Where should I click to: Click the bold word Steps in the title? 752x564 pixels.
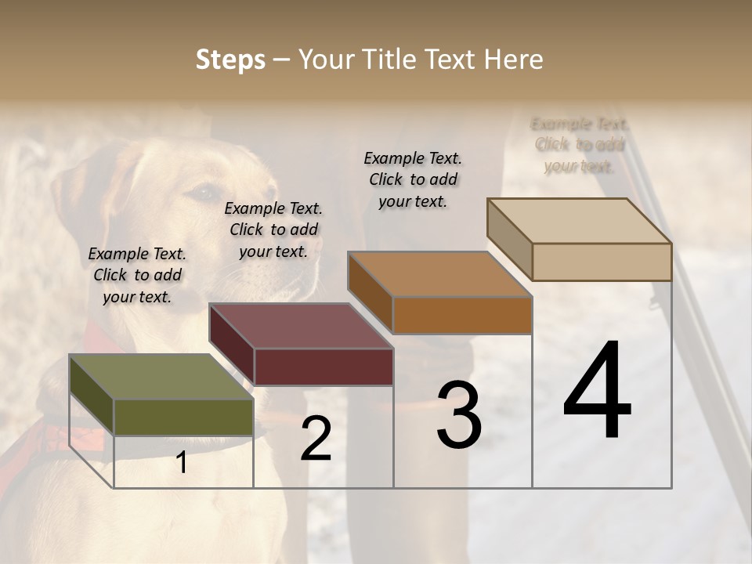230,60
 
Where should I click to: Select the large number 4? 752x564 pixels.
597,392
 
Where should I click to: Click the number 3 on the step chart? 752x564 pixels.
459,415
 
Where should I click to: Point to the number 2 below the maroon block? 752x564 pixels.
316,439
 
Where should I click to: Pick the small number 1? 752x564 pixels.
182,462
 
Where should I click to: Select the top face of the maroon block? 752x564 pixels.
301,326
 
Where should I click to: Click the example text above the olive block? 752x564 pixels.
137,275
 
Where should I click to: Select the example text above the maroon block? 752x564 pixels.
273,230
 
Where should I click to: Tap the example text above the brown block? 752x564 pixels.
413,179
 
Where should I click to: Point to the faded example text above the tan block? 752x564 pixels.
580,145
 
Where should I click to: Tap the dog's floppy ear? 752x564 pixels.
78,196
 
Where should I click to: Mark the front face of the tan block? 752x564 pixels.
602,262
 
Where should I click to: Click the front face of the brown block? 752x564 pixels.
462,315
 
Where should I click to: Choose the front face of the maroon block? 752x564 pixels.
324,366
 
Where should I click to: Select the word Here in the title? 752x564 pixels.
513,60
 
